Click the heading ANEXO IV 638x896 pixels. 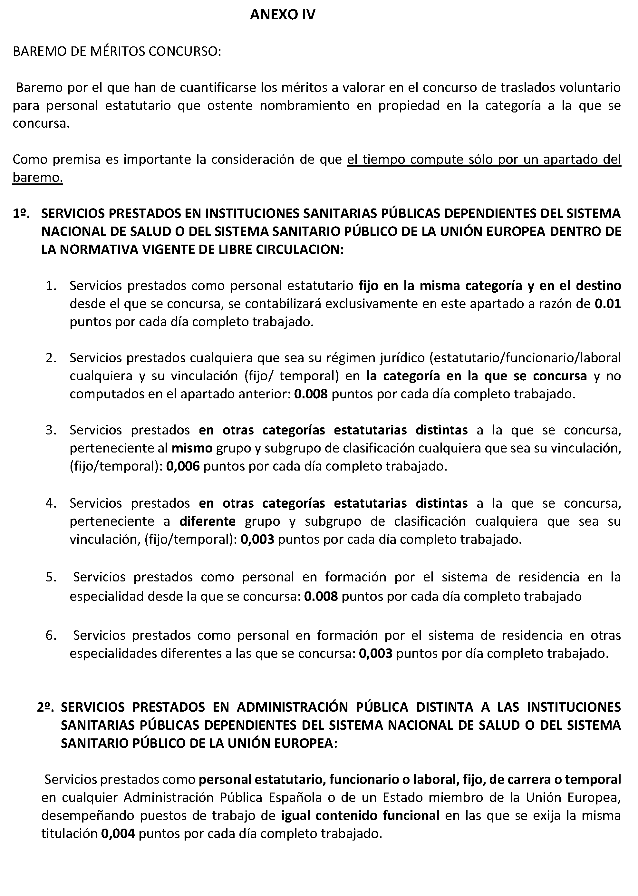coord(283,15)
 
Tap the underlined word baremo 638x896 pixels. coord(38,178)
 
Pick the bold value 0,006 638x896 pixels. coord(183,466)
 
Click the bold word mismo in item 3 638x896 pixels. coord(192,448)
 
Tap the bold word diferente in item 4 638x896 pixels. coord(208,521)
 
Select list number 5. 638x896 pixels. coord(51,577)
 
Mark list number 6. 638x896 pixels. coord(51,636)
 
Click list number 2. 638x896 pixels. coord(51,358)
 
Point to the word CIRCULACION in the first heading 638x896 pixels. coord(300,249)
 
